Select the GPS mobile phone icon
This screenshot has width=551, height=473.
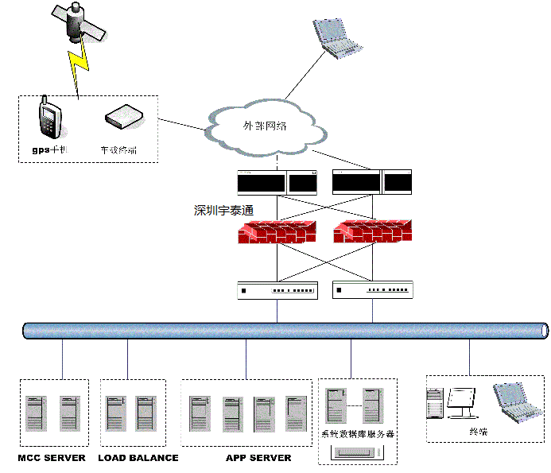point(49,120)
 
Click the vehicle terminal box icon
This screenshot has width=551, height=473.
point(124,118)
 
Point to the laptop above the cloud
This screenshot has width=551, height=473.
point(337,37)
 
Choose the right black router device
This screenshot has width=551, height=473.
point(371,183)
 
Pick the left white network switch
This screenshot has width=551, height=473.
point(277,290)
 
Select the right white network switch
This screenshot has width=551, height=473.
point(373,290)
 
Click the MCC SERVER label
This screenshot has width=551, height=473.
point(52,458)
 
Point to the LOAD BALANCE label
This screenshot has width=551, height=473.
point(138,458)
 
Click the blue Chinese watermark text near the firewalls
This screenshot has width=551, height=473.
point(223,211)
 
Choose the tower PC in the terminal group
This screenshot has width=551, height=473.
point(435,403)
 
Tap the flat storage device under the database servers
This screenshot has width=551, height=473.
point(357,454)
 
